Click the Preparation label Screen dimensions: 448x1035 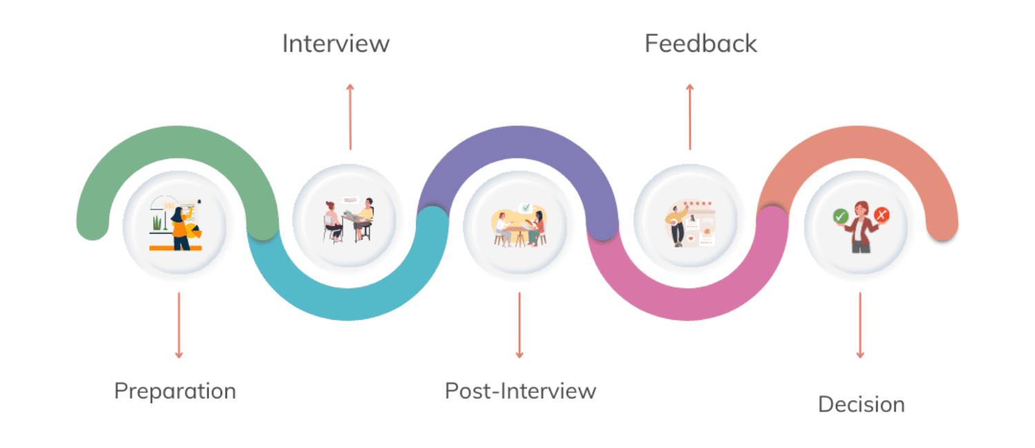coord(175,391)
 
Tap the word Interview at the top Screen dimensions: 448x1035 coord(336,43)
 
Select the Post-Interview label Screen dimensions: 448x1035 coord(520,391)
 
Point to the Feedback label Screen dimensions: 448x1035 coord(700,43)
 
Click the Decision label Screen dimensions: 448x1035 coord(861,404)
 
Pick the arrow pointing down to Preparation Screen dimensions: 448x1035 coord(179,325)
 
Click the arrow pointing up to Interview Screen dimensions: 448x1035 coord(350,116)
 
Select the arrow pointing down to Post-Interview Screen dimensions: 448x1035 coord(520,325)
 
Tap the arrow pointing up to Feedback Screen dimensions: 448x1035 coord(689,116)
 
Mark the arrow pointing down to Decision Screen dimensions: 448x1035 coord(860,325)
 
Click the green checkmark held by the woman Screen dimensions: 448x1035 coord(840,216)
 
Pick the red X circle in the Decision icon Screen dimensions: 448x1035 coord(881,216)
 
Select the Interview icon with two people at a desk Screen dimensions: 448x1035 coord(348,221)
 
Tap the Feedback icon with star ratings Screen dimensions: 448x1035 coord(689,223)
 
